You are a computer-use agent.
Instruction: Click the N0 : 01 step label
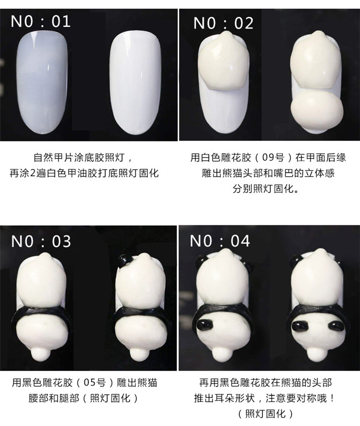click(x=41, y=21)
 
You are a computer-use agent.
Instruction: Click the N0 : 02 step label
click(x=223, y=23)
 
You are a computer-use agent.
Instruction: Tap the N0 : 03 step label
click(x=41, y=241)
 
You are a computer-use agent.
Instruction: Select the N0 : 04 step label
click(x=220, y=241)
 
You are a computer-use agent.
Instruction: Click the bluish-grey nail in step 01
click(x=42, y=83)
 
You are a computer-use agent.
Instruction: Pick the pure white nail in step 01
click(x=135, y=83)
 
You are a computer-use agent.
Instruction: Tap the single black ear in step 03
click(x=124, y=260)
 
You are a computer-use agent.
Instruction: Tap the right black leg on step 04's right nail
click(x=336, y=326)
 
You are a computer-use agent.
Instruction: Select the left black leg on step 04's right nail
click(x=300, y=326)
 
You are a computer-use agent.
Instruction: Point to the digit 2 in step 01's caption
click(x=33, y=173)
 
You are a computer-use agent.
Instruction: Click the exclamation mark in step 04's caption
click(x=332, y=398)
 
